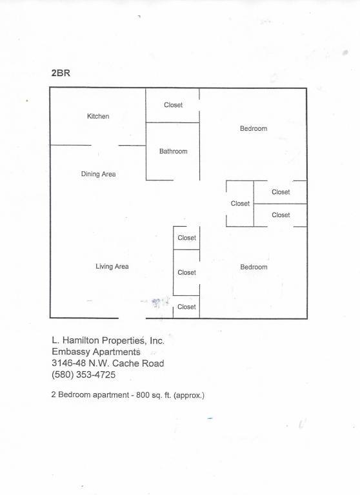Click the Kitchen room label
(98, 116)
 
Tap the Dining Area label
(98, 174)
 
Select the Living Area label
(112, 266)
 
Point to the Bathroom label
(173, 151)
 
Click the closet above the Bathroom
(172, 105)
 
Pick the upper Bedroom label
(254, 128)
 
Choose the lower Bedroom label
(254, 267)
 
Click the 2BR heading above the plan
(61, 73)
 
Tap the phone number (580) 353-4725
(83, 374)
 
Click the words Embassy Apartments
(96, 352)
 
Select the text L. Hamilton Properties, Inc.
(108, 340)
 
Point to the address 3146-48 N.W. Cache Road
(108, 363)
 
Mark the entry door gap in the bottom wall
(132, 318)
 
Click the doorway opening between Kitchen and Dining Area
(105, 146)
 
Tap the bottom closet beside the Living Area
(186, 307)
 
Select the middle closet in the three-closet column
(186, 273)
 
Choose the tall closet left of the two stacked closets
(240, 204)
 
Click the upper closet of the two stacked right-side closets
(281, 192)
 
